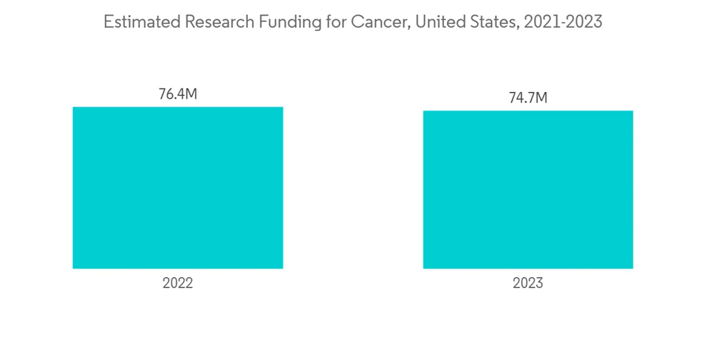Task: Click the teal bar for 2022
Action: [178, 188]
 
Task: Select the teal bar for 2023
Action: [528, 190]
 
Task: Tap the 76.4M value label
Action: [178, 94]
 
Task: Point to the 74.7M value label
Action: [528, 99]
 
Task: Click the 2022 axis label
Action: [178, 284]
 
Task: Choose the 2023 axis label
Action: [528, 284]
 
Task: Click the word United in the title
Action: [438, 22]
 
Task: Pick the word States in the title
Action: [493, 22]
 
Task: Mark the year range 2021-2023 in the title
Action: [563, 22]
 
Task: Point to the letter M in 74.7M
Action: [540, 99]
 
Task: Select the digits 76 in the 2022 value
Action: [165, 94]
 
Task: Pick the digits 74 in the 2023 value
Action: [516, 99]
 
